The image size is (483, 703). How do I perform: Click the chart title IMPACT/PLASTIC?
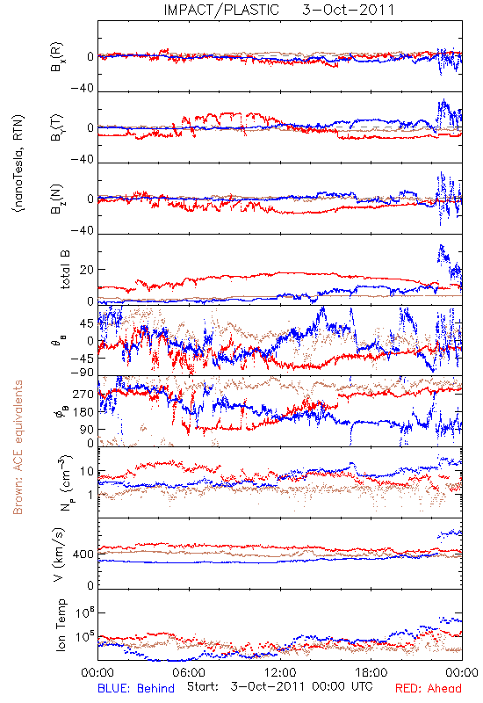point(221,10)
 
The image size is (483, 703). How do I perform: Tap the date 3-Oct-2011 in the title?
point(348,10)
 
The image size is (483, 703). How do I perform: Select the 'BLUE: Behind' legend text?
point(136,688)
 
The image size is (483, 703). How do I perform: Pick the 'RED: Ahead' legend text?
point(428,688)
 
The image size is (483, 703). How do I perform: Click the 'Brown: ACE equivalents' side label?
point(18,447)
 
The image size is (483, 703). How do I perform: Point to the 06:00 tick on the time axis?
point(189,672)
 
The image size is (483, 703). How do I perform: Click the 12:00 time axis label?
point(280,672)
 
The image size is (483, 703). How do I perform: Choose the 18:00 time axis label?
point(371,672)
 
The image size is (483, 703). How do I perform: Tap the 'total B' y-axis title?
point(65,270)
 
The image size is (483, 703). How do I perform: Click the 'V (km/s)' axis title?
point(59,554)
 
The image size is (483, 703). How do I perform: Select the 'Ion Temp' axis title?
point(61,625)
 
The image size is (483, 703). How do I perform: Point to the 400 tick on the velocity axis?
point(83,554)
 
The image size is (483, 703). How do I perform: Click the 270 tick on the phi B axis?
point(83,394)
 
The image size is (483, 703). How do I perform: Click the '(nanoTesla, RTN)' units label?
point(18,163)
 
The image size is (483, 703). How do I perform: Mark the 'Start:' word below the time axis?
point(203,687)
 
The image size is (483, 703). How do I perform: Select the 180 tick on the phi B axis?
point(83,412)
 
